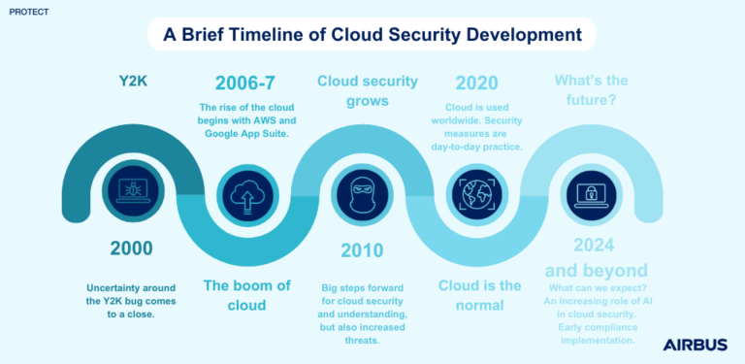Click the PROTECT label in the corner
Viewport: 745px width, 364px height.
[27, 14]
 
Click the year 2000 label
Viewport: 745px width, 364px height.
[131, 248]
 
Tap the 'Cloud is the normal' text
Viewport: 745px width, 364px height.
[480, 296]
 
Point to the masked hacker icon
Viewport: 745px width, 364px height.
[361, 191]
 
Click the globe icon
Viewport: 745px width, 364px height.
[476, 191]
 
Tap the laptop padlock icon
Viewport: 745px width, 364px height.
[592, 191]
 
